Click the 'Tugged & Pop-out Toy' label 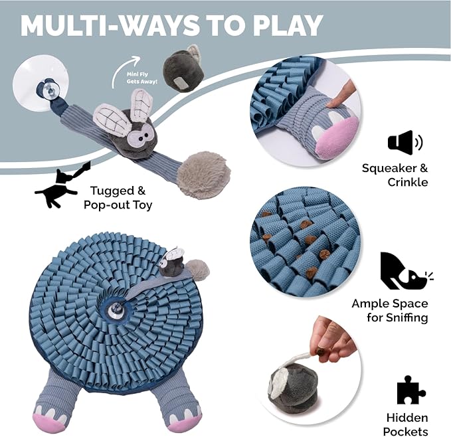[118, 197]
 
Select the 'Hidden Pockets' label [406, 424]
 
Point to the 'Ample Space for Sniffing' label [390, 311]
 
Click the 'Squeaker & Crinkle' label [395, 175]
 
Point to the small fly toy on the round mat [171, 262]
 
